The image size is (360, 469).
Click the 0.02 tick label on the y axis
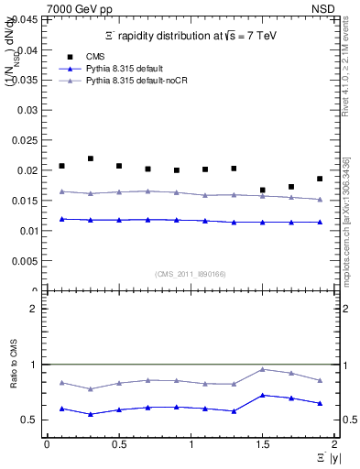tap(28, 170)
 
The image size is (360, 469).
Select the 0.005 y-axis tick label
tap(26, 261)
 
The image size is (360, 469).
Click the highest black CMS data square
tap(91, 158)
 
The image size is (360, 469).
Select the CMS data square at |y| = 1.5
tap(263, 191)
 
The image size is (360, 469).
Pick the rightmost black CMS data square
tap(320, 179)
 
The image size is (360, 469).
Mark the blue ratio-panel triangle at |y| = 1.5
tap(263, 395)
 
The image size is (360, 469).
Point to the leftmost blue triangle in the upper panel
tap(61, 219)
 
